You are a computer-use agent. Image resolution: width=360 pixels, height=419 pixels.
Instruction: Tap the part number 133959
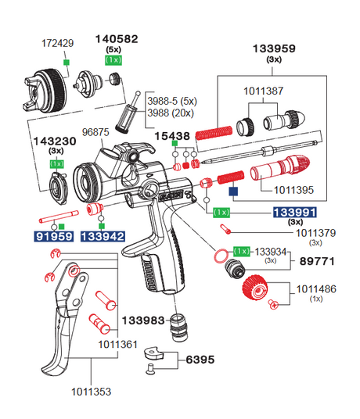coord(274,48)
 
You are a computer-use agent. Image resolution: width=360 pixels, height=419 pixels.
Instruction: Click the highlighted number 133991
coord(293,212)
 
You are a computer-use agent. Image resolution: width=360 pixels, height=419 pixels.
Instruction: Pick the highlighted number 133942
coord(103,235)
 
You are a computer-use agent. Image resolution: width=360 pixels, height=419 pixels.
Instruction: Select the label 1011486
coord(317,289)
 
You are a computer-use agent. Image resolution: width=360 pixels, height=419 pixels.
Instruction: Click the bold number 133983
coord(143,320)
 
